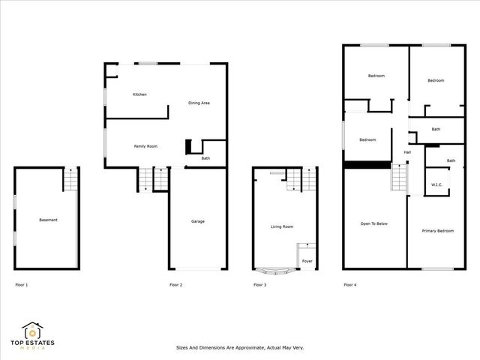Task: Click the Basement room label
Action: (x=48, y=220)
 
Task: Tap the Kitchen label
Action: (x=139, y=94)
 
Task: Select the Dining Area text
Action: (x=199, y=102)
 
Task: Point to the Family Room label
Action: (x=145, y=146)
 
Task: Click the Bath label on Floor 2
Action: (x=205, y=158)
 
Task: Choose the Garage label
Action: (x=198, y=221)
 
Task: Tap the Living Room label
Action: (x=282, y=226)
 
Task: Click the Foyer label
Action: (x=307, y=261)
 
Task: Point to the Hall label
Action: (x=407, y=152)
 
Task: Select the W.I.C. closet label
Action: (x=436, y=184)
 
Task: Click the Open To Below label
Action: (x=373, y=224)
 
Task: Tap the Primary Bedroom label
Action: (x=437, y=231)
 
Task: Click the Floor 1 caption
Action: (x=22, y=285)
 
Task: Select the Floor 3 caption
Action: (x=259, y=285)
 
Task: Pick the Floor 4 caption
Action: (x=350, y=285)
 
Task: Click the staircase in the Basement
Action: (x=70, y=180)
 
